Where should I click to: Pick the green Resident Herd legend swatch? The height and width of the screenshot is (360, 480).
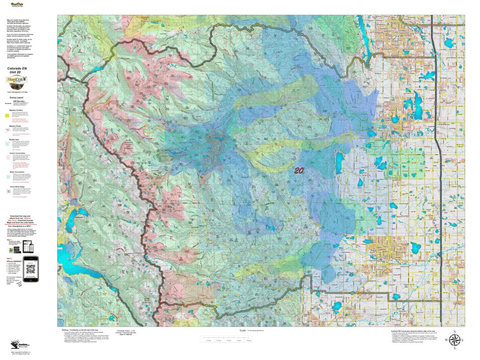click(7, 143)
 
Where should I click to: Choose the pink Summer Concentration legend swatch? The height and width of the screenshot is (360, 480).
click(7, 157)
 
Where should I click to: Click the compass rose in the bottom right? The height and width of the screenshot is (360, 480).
click(454, 340)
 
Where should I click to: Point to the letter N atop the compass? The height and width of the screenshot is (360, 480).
click(454, 331)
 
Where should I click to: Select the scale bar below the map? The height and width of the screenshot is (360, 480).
click(228, 340)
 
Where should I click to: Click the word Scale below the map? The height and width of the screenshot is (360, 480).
click(242, 330)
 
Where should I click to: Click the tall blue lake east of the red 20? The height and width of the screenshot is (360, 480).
click(339, 162)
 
